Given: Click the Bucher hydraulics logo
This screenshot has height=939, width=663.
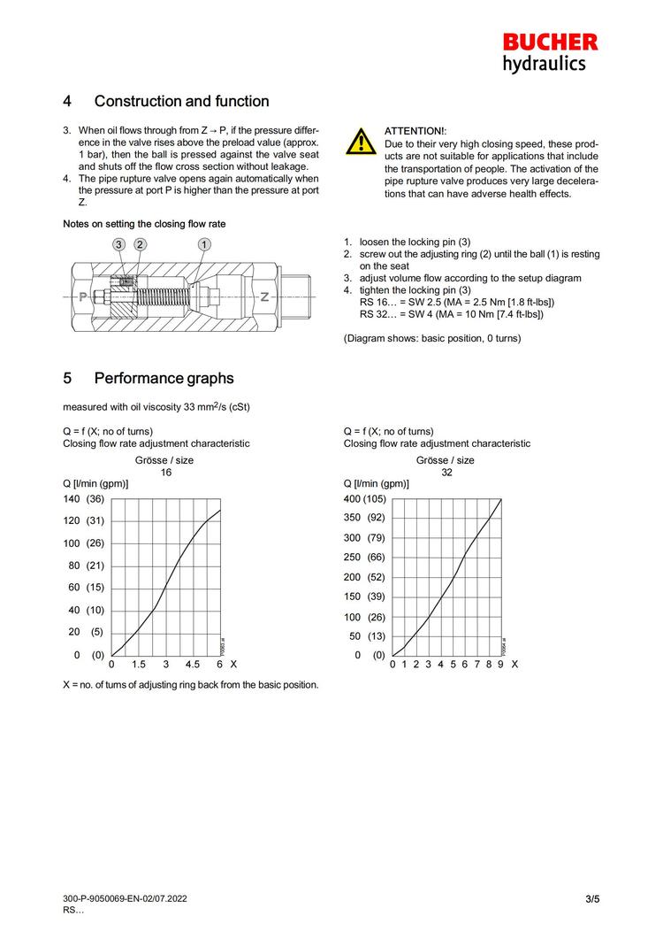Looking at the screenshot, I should (550, 52).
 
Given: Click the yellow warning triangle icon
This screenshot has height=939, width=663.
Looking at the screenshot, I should (361, 141).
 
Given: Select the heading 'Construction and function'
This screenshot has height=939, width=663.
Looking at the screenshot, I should (181, 102).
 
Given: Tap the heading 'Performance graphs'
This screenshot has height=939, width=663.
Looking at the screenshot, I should (164, 379).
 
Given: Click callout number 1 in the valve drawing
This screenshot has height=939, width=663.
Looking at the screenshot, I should (204, 243).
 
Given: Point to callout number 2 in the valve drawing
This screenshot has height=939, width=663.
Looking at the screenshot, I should (140, 243).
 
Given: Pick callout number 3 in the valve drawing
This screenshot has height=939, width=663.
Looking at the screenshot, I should (118, 243).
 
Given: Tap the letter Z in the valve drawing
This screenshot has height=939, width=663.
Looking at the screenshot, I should (264, 297).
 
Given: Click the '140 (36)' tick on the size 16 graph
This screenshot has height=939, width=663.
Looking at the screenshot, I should (83, 499).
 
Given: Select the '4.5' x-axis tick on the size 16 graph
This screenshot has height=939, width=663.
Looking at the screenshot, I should (193, 664).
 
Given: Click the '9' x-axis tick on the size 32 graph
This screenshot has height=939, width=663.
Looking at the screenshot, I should (500, 664).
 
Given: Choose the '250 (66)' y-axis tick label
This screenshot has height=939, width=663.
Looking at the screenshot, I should (364, 558).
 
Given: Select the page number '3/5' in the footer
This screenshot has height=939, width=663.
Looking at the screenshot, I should (592, 900).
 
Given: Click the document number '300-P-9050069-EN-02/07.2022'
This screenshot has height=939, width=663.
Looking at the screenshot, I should (125, 899).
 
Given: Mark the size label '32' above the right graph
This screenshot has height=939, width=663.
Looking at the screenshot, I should (446, 473).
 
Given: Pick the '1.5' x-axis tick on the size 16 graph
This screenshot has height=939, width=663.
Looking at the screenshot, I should (139, 664).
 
